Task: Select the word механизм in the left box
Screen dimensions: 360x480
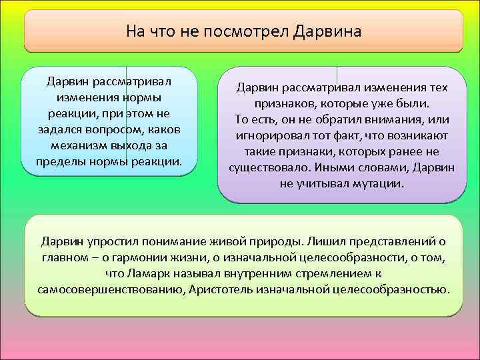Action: pyautogui.click(x=80, y=145)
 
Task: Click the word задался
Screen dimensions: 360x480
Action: pyautogui.click(x=61, y=129)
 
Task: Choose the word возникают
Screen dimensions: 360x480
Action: pyautogui.click(x=419, y=135)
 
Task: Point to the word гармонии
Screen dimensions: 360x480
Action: pyautogui.click(x=155, y=257)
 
